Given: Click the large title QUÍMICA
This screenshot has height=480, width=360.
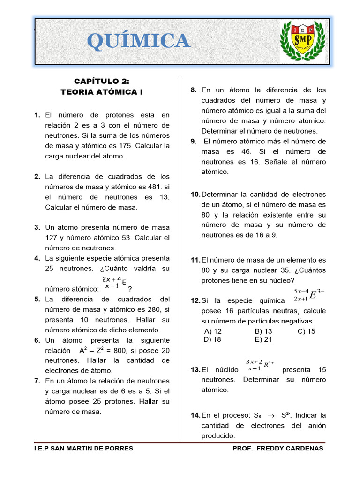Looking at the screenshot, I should [139, 41].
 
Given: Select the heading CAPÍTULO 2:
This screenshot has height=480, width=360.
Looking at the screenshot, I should [102, 82].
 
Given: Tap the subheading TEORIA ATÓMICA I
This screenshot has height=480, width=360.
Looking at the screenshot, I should [102, 92].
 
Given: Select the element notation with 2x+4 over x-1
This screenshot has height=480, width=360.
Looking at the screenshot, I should [113, 283].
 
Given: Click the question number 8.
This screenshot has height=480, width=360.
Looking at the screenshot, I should [194, 90].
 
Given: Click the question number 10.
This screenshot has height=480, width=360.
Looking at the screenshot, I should [195, 194].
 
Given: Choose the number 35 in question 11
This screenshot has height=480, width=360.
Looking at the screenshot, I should [277, 270].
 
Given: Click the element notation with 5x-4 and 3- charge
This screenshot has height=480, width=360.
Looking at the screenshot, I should [306, 295].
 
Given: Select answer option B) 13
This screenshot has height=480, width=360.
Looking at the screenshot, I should [263, 331].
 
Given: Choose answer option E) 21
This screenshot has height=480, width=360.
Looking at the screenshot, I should [263, 339].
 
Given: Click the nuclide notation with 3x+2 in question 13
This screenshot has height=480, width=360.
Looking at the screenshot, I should [259, 365].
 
